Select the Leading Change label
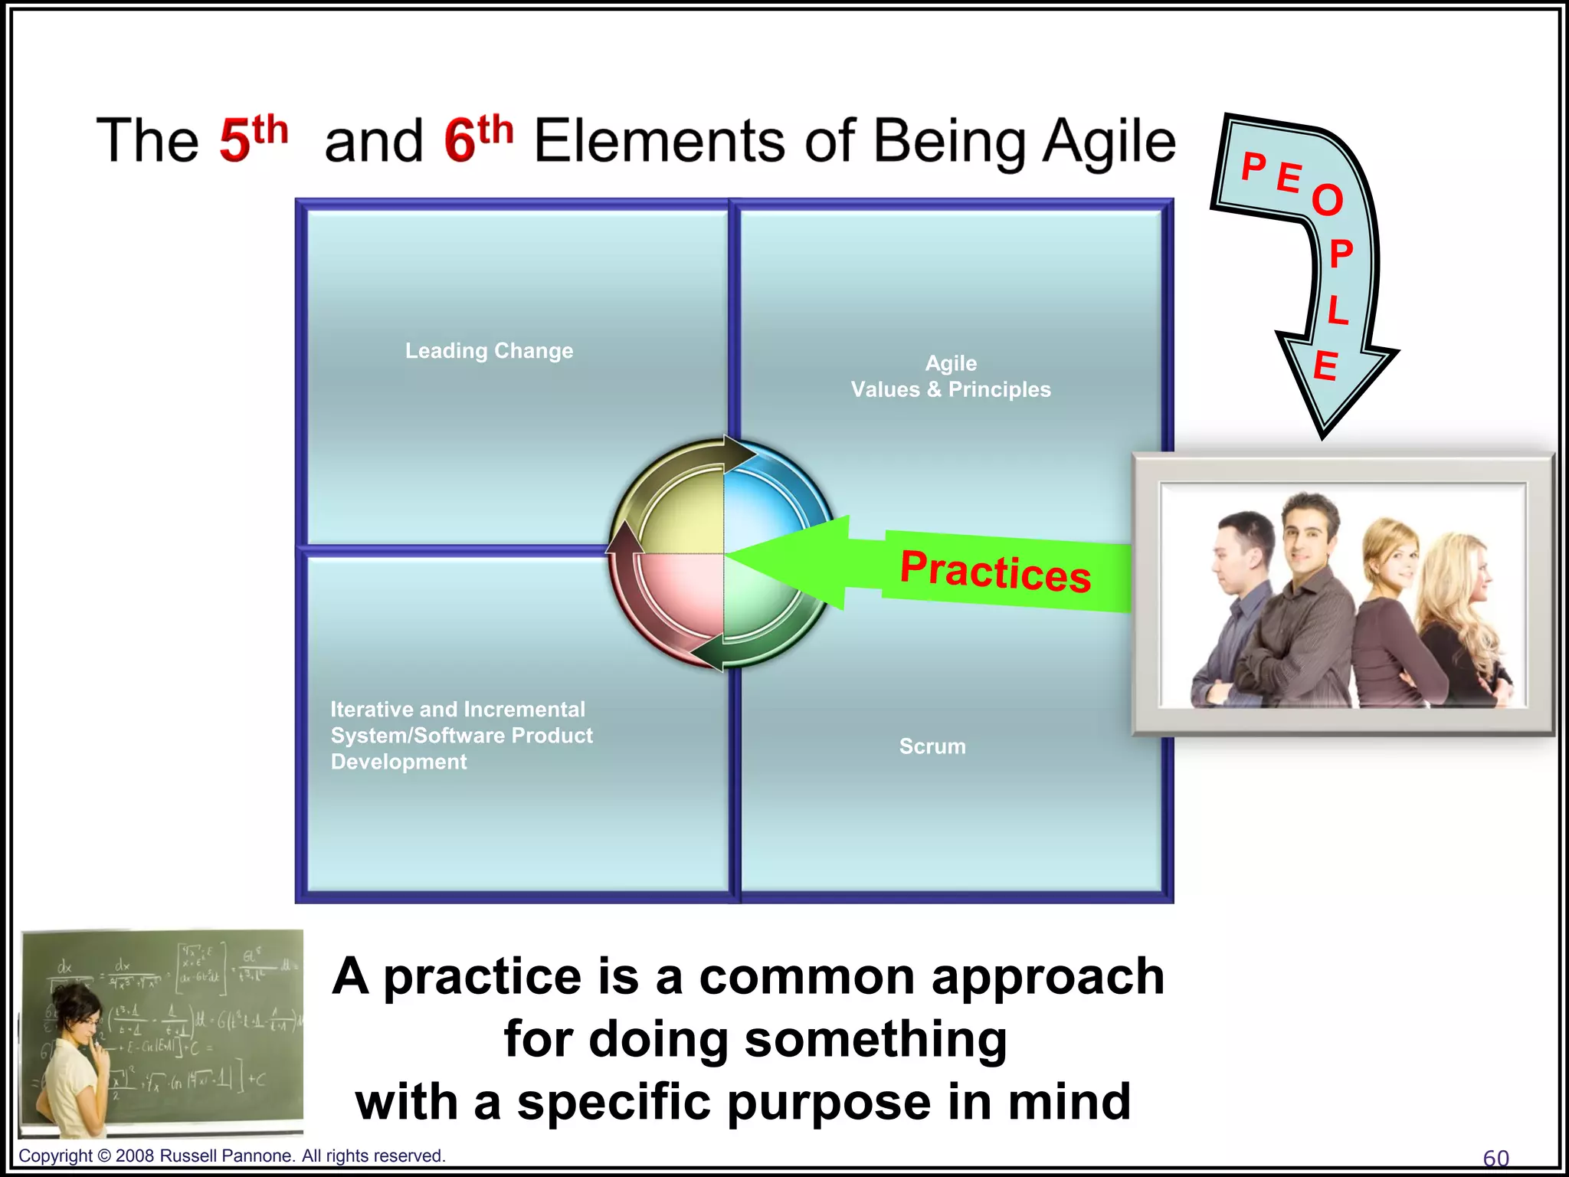[x=489, y=351]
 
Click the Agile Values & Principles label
[x=951, y=376]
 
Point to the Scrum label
[x=932, y=746]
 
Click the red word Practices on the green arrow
[x=995, y=572]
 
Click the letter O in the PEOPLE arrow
[x=1328, y=201]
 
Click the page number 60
[x=1495, y=1158]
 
